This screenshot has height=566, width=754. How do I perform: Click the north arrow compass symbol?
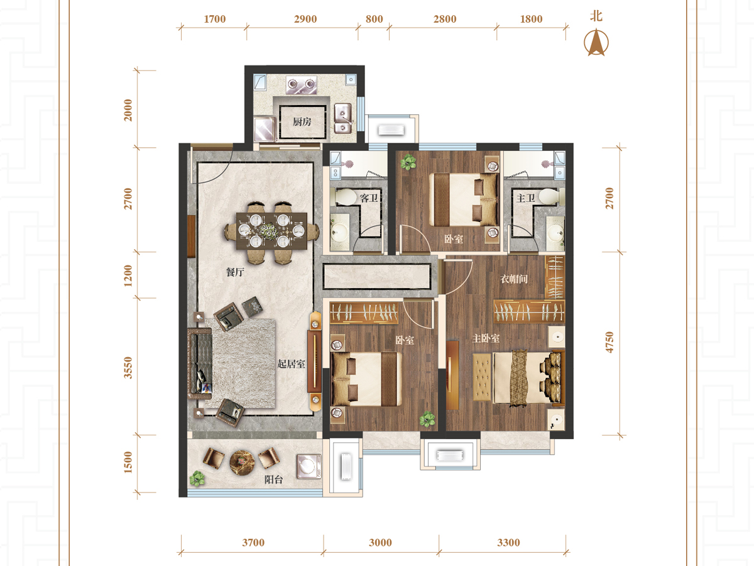(x=596, y=43)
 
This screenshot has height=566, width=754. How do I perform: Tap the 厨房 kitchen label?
(x=302, y=121)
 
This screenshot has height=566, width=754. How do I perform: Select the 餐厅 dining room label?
(x=235, y=272)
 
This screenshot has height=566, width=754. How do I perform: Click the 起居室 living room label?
(x=292, y=364)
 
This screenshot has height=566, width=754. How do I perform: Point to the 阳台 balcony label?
(x=273, y=479)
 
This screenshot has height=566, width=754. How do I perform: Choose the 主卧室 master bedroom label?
(x=485, y=338)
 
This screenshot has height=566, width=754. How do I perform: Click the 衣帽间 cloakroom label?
(x=514, y=279)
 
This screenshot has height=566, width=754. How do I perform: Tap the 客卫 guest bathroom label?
(x=369, y=198)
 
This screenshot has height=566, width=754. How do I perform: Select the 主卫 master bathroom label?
(x=525, y=198)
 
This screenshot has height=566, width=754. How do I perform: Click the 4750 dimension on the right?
(x=609, y=342)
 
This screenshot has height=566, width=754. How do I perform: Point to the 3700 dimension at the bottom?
(x=253, y=543)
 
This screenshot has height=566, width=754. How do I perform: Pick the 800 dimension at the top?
(x=374, y=19)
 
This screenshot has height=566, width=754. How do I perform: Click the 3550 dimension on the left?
(x=128, y=368)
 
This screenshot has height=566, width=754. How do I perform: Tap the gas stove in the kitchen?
(x=302, y=85)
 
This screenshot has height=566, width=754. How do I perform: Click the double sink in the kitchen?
(x=343, y=119)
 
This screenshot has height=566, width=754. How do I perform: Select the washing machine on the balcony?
(x=309, y=467)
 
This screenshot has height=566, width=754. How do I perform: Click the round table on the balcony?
(x=242, y=463)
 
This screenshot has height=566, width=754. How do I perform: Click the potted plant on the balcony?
(x=197, y=479)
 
